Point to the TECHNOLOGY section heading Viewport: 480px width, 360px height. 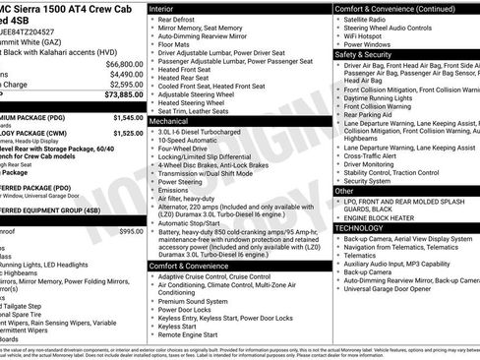(x=358, y=227)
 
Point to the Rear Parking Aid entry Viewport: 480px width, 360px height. (x=370, y=114)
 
